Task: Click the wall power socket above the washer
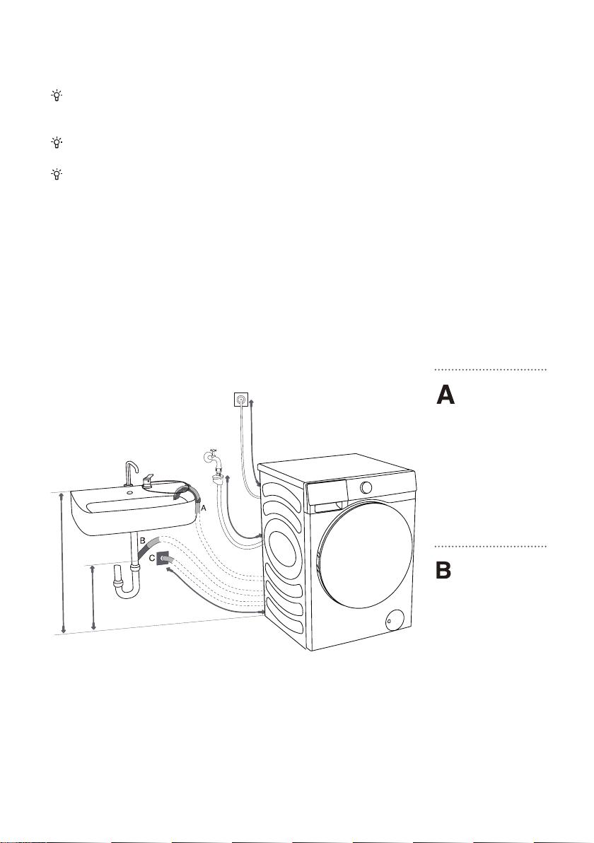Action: click(241, 400)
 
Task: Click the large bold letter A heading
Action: click(445, 395)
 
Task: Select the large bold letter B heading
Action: click(443, 570)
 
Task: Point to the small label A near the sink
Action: click(203, 507)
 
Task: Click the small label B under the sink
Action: click(142, 540)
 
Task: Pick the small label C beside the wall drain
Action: click(151, 558)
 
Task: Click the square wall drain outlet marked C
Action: click(163, 559)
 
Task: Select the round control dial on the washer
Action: click(366, 487)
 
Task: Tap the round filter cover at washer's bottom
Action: click(396, 620)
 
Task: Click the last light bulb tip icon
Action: click(56, 174)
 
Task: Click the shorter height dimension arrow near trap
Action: click(94, 598)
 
